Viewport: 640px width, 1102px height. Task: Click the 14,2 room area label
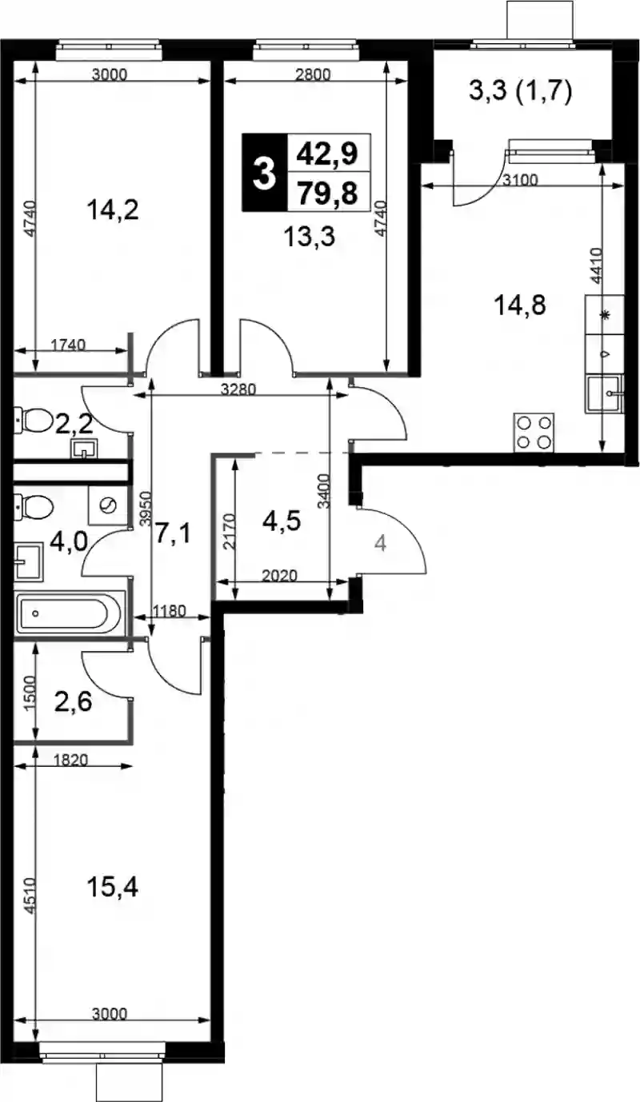click(x=112, y=210)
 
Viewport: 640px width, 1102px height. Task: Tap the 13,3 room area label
click(x=309, y=237)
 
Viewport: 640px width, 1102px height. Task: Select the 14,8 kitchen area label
click(x=520, y=305)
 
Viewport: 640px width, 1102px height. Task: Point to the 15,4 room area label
click(x=112, y=888)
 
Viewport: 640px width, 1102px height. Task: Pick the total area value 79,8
click(x=327, y=193)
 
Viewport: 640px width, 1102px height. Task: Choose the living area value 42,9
click(x=327, y=154)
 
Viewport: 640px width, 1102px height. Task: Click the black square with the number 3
click(x=264, y=172)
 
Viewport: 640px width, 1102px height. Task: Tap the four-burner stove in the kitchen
click(x=534, y=432)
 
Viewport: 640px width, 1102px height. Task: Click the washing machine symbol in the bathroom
click(x=108, y=505)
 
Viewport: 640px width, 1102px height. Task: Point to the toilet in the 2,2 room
click(x=33, y=421)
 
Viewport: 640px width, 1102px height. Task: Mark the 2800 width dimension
click(x=313, y=75)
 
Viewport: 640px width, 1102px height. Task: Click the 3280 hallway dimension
click(x=238, y=389)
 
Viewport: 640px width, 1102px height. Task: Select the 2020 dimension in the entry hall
click(x=279, y=575)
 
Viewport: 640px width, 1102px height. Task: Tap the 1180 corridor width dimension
click(x=169, y=612)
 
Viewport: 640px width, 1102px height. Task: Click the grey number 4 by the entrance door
click(x=380, y=544)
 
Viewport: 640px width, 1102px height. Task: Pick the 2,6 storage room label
click(x=74, y=702)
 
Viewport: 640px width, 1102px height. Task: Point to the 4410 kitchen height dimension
click(x=596, y=266)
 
